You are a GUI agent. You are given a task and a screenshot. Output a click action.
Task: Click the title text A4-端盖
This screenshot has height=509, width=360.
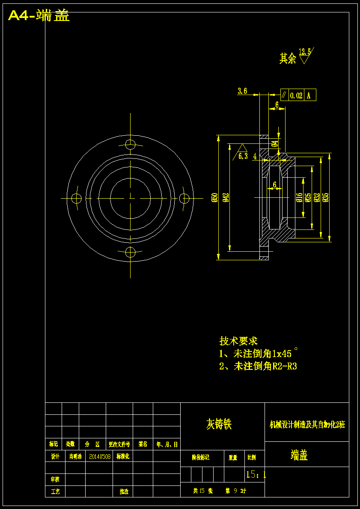point(39,16)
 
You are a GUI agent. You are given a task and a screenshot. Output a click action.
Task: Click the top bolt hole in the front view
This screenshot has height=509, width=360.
point(131,143)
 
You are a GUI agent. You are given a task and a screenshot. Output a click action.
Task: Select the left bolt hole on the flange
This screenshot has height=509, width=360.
point(77,198)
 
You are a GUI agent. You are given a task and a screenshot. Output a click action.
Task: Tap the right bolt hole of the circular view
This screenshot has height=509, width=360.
point(184,198)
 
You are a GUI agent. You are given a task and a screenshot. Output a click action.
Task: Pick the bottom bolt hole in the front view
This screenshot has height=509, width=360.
point(131,252)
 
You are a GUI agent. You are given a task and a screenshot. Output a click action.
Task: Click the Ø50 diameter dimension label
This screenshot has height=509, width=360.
point(215,197)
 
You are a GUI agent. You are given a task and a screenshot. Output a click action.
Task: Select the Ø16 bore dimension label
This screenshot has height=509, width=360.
point(299,197)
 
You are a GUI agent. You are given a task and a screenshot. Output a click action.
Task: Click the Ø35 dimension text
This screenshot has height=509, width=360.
point(326,197)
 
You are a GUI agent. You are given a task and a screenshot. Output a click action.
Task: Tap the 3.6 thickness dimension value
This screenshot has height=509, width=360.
point(242,91)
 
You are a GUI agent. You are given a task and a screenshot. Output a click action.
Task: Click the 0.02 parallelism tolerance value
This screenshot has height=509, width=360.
point(296,95)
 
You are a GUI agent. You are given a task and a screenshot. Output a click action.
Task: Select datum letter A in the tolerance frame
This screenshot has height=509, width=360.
point(309,95)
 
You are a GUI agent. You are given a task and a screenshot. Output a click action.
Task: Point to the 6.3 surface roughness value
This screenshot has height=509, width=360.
point(243,156)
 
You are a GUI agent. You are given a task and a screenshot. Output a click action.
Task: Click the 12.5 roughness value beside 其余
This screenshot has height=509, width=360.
point(305,52)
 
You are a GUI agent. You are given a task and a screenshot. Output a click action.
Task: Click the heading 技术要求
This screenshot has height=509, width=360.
point(238,341)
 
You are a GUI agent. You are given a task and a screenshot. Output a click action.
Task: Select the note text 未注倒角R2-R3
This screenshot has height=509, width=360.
point(265,366)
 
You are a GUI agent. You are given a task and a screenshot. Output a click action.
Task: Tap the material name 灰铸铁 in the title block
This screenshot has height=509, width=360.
point(219,424)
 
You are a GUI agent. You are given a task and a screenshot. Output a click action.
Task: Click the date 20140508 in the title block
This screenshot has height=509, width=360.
point(100,457)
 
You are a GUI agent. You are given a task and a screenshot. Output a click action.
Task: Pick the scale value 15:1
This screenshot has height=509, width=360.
point(256,474)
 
